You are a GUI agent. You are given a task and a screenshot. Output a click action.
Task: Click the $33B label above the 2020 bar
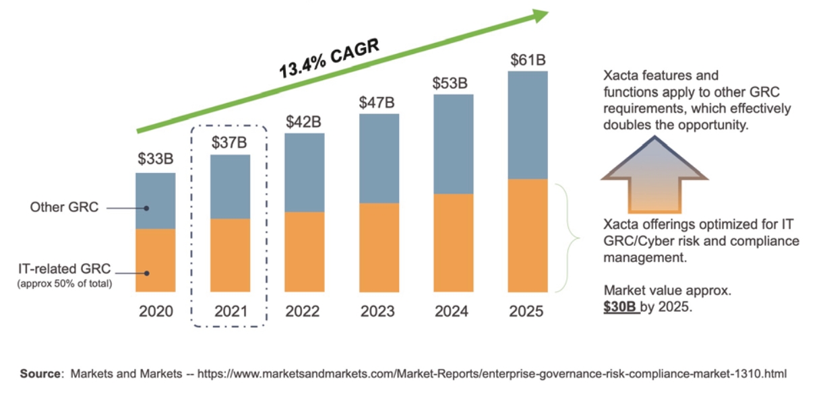(x=156, y=160)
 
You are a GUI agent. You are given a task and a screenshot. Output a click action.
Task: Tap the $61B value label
(x=528, y=60)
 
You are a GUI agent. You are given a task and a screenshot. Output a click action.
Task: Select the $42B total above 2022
(x=303, y=122)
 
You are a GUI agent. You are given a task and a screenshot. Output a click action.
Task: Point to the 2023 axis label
(x=378, y=312)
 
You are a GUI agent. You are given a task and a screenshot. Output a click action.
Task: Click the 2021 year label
(x=231, y=312)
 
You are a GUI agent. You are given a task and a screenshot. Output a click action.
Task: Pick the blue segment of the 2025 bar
(x=527, y=125)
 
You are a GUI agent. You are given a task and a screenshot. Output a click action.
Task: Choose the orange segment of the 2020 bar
(x=156, y=261)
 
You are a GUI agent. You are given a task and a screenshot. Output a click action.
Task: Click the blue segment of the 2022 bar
(x=304, y=172)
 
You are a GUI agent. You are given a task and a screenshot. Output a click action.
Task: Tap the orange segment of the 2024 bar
(x=453, y=242)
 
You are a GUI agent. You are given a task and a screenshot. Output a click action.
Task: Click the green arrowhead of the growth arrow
(x=539, y=16)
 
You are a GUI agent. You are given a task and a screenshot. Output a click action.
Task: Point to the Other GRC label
(x=65, y=207)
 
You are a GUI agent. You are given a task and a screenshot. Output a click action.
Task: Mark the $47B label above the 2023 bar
(x=377, y=102)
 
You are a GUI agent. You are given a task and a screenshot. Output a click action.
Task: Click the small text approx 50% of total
(x=65, y=284)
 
